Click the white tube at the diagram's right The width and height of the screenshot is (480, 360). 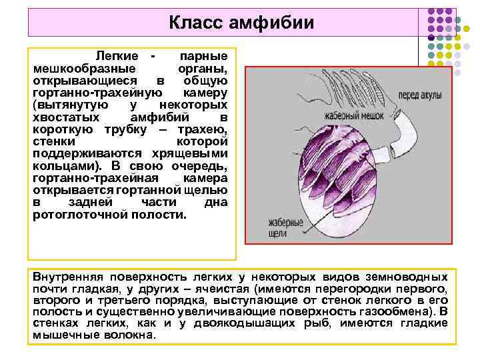click(408, 131)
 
